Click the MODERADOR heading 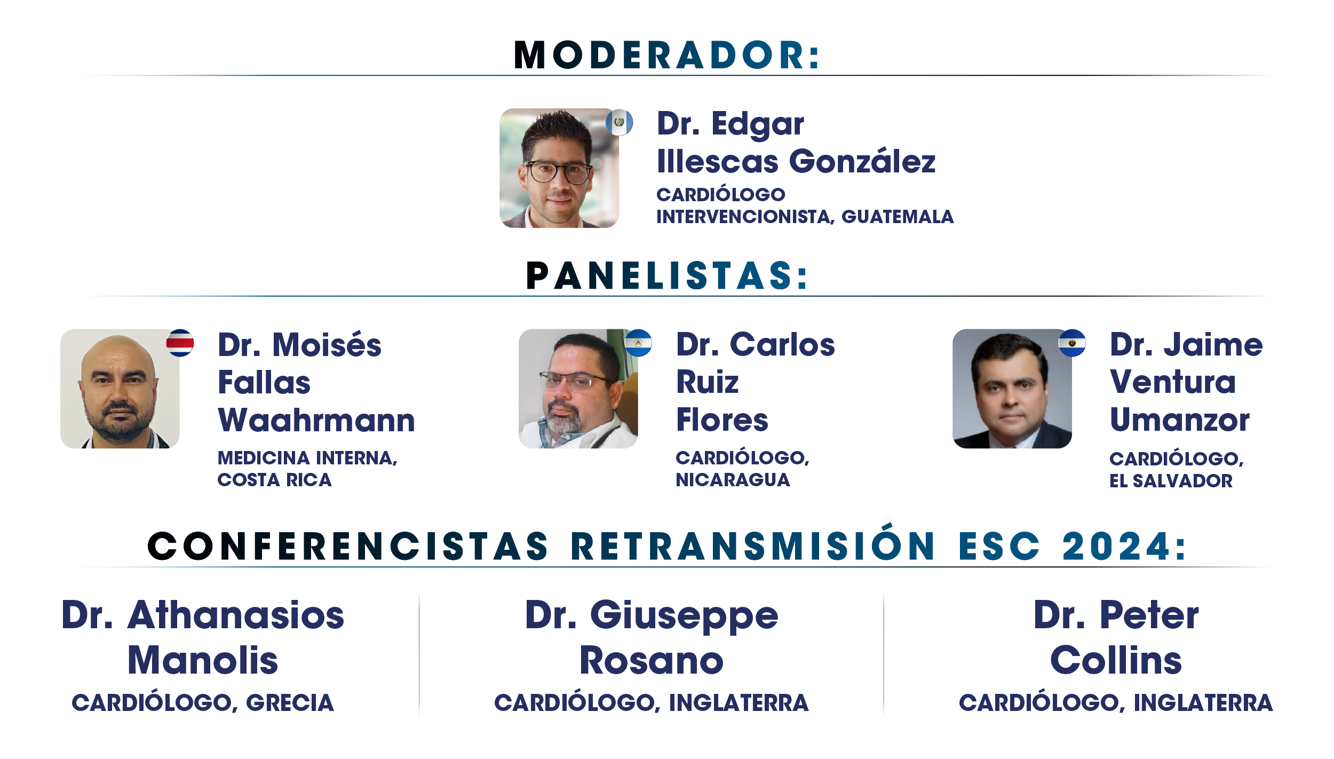tap(666, 55)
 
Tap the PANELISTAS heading tap(667, 276)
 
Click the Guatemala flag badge tap(619, 122)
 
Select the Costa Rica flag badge tap(180, 343)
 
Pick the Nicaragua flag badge tap(638, 343)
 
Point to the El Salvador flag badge tap(1072, 343)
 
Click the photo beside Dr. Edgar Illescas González tap(559, 168)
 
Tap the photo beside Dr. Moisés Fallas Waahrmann tap(120, 389)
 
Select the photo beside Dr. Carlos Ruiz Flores tap(578, 389)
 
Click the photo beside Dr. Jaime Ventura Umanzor tap(1012, 389)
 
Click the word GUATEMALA tap(898, 217)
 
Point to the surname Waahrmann tap(316, 420)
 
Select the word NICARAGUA tap(733, 480)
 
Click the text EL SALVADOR tap(1171, 481)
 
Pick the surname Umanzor tap(1179, 420)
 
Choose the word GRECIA tap(290, 703)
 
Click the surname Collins tap(1116, 661)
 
